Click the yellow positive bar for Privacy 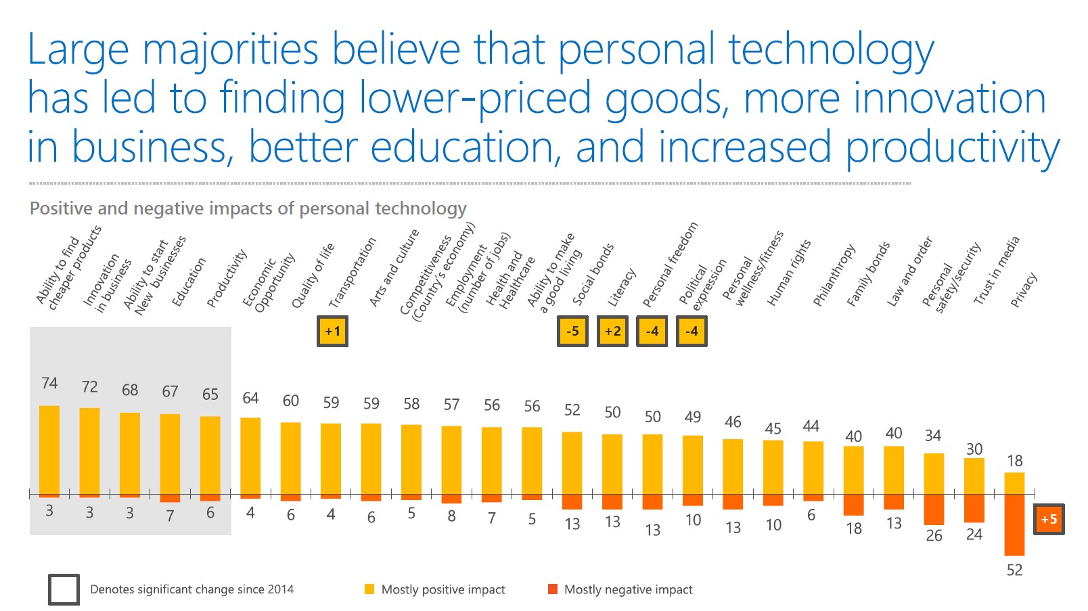(x=1014, y=483)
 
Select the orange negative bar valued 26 (x=934, y=510)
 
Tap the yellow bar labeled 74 (x=49, y=450)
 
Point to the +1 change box (x=332, y=332)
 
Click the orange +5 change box (x=1049, y=520)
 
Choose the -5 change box (x=572, y=332)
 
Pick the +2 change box (x=612, y=332)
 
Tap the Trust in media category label (x=996, y=271)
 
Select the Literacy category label (x=622, y=288)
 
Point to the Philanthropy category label (x=834, y=275)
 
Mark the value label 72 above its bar (x=89, y=387)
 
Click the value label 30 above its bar (x=974, y=449)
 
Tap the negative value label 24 (x=974, y=535)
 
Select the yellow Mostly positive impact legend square (x=369, y=589)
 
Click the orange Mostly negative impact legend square (x=553, y=589)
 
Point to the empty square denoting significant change (x=64, y=589)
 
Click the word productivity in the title (x=953, y=148)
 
